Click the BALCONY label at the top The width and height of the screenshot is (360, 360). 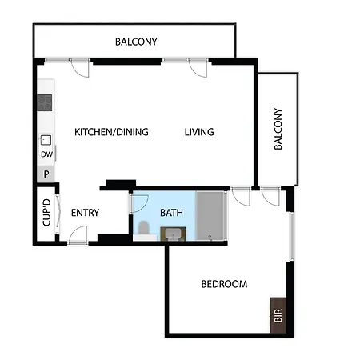(136, 42)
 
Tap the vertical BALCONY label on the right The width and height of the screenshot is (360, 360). (278, 129)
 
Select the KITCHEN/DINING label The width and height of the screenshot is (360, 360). (111, 132)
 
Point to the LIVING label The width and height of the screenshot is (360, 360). (199, 132)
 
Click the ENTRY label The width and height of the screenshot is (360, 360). (85, 213)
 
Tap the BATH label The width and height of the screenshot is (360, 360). (171, 213)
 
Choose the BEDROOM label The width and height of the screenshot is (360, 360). (224, 284)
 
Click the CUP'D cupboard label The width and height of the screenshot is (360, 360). (46, 212)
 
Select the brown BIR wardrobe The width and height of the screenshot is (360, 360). (278, 315)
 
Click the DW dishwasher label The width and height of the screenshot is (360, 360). (46, 154)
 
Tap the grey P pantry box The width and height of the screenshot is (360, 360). (46, 174)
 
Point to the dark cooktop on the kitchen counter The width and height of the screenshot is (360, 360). (45, 103)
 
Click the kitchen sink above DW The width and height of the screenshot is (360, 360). (46, 140)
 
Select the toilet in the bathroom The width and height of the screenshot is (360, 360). (143, 228)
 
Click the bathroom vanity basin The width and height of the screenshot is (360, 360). (173, 234)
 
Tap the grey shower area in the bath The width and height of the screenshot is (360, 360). (210, 215)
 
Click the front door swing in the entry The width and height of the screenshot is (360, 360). (78, 234)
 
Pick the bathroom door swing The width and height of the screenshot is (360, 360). (139, 204)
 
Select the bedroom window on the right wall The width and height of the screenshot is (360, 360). (292, 236)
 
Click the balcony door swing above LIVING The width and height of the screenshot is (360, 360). (198, 68)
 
